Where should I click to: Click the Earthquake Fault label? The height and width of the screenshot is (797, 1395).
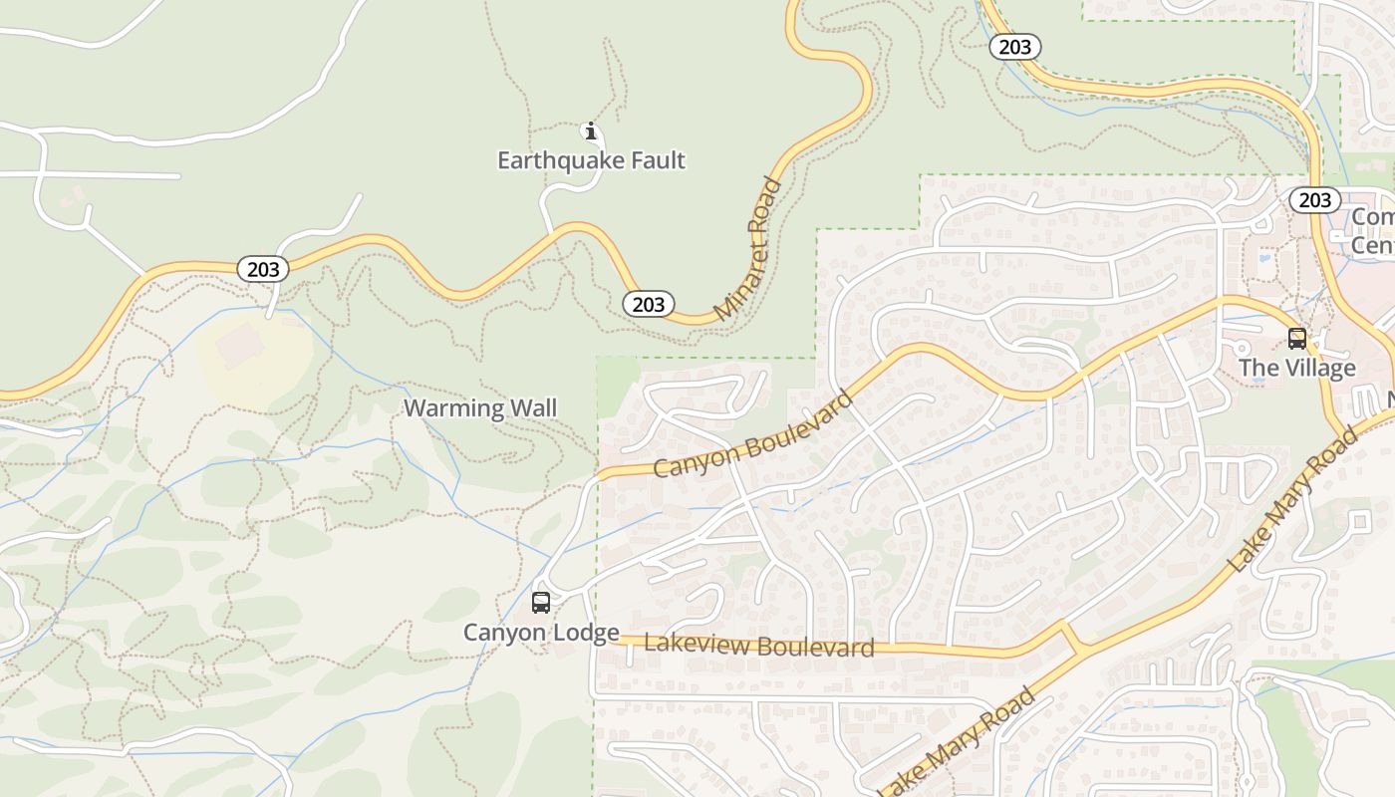tap(591, 160)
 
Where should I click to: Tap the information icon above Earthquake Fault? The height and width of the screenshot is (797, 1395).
tap(591, 131)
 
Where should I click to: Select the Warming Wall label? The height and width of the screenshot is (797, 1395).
tap(479, 407)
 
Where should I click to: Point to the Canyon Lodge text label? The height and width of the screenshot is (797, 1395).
tap(541, 633)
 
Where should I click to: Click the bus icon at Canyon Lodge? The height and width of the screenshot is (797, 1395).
tap(541, 603)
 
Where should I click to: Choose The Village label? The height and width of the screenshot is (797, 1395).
tap(1296, 368)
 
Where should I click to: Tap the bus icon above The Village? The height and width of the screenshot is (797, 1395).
tap(1296, 339)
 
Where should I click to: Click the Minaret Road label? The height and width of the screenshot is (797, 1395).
tap(748, 249)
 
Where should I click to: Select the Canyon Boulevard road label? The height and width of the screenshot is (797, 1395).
tap(753, 434)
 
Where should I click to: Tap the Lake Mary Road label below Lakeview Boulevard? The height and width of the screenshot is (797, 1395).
tap(957, 742)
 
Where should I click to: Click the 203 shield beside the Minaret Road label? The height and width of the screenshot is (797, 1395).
tap(649, 304)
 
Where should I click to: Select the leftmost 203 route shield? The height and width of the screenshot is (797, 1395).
tap(263, 269)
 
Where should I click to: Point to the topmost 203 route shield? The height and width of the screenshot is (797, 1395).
tap(1014, 47)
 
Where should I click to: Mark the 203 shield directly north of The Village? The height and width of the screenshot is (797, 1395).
tap(1314, 200)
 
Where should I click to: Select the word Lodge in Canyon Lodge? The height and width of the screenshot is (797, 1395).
tap(586, 633)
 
